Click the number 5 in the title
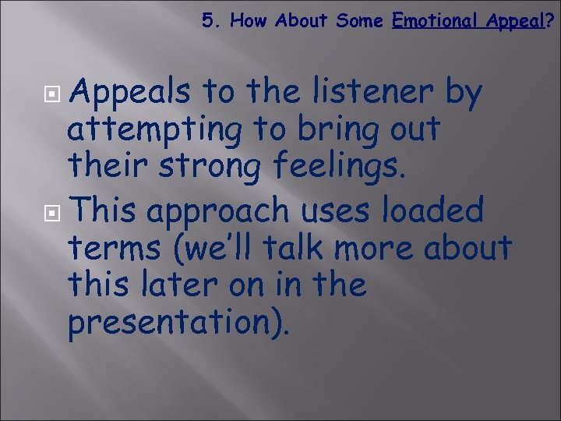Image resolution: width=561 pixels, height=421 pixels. (206, 21)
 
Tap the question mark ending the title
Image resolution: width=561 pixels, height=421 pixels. (551, 21)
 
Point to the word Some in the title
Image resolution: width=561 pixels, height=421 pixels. (359, 21)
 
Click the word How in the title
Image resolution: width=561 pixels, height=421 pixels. (248, 21)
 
